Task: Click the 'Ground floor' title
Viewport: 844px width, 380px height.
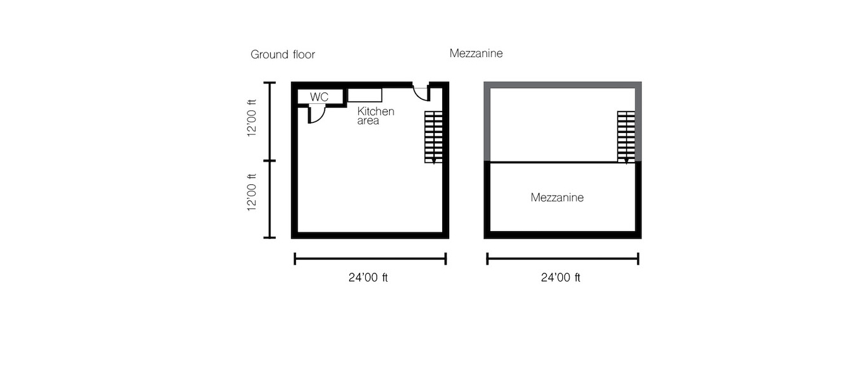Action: click(x=283, y=54)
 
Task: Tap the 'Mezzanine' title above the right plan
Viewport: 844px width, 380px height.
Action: click(x=476, y=53)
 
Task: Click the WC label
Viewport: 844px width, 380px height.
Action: click(x=319, y=97)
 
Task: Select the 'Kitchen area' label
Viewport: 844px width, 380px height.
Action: click(x=376, y=116)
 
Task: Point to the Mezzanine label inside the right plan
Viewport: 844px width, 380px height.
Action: click(x=557, y=198)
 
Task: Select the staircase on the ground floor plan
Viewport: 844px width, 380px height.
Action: click(x=433, y=137)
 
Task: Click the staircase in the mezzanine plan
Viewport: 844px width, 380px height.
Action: click(x=626, y=137)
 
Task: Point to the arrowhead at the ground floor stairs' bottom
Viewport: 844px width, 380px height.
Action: click(x=433, y=161)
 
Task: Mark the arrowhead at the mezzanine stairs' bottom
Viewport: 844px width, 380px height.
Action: click(x=626, y=161)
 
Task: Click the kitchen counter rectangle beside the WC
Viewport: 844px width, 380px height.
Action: click(x=364, y=95)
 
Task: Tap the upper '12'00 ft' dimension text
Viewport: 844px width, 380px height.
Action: click(x=252, y=118)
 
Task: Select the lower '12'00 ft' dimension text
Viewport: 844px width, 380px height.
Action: click(x=252, y=192)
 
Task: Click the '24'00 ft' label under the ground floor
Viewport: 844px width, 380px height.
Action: click(x=368, y=278)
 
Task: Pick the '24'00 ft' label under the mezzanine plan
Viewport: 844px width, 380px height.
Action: click(x=561, y=278)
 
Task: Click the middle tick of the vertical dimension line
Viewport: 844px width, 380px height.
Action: click(x=270, y=161)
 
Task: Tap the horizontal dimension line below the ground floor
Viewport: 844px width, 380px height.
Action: click(x=370, y=259)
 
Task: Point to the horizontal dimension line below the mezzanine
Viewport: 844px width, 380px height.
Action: click(x=562, y=259)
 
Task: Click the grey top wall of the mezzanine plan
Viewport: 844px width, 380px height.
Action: click(x=562, y=85)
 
